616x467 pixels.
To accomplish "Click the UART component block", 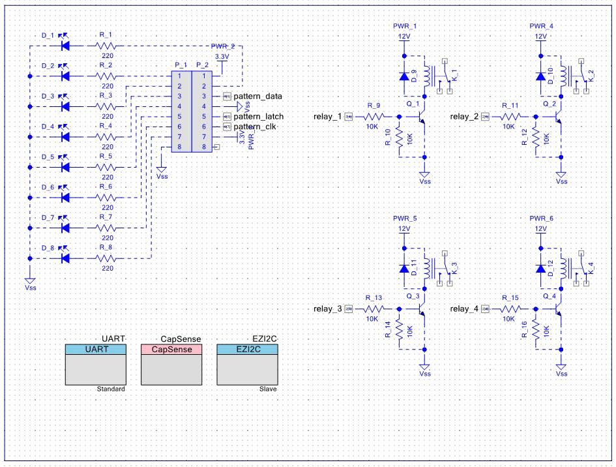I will [96, 365].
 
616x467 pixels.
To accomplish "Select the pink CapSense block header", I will [171, 350].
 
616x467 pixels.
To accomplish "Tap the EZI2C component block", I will [247, 365].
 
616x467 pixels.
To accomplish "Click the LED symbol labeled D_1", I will [65, 46].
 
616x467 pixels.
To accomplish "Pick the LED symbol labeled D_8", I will [65, 258].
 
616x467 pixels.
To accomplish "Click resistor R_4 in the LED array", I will [106, 137].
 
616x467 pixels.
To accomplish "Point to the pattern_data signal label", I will [257, 96].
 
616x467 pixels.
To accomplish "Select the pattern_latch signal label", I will [258, 116].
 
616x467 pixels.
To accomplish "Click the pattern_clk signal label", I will [255, 126].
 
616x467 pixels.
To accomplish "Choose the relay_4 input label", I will [464, 309].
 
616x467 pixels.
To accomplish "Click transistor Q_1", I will [421, 116].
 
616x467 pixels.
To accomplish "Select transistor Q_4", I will [558, 309].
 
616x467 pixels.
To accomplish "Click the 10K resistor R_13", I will [374, 309].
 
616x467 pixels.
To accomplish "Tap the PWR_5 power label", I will [405, 218].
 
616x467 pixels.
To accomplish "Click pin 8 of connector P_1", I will [179, 147].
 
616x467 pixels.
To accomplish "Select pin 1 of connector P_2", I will [203, 76].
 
